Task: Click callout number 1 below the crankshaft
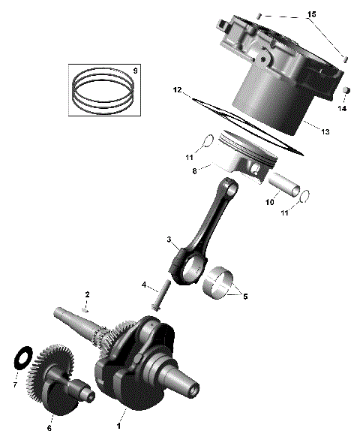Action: tap(118, 425)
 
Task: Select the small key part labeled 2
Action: tap(87, 308)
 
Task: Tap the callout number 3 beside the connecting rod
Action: tap(169, 240)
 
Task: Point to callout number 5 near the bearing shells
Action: tap(244, 296)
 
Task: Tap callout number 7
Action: tap(13, 385)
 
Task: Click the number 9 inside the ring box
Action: tap(134, 71)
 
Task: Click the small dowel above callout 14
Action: tap(347, 91)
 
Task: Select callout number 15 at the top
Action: tap(312, 15)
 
